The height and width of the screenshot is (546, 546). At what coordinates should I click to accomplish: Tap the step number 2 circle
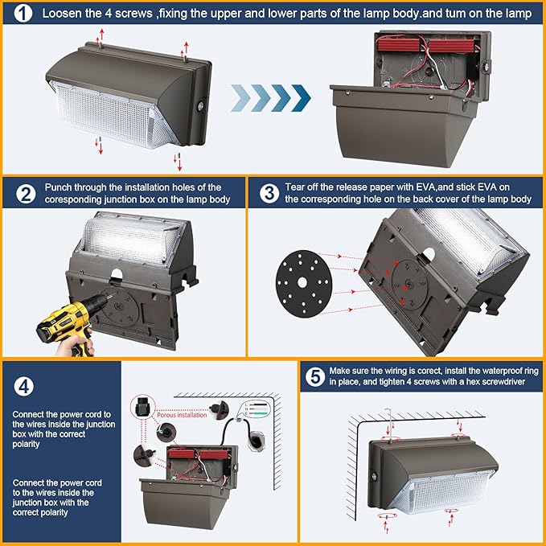25,193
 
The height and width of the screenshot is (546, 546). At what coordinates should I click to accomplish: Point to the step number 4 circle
25,385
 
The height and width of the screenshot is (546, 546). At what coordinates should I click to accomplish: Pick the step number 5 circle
314,376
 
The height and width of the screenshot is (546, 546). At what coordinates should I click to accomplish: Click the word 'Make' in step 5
339,370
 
